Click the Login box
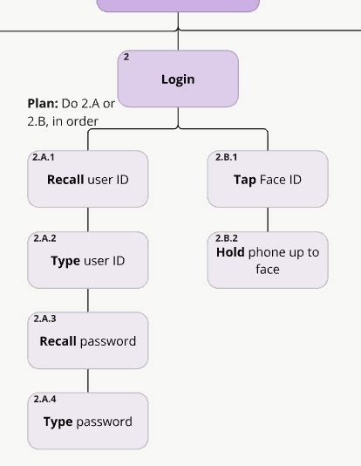click(x=178, y=79)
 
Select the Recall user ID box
click(x=88, y=179)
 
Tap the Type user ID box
click(x=88, y=260)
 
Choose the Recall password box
click(x=88, y=340)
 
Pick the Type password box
click(x=88, y=421)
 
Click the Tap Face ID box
click(x=268, y=179)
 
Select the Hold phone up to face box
click(x=268, y=260)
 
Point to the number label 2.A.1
click(x=44, y=158)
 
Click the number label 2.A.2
click(x=44, y=238)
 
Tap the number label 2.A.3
click(x=44, y=319)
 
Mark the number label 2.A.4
click(x=44, y=399)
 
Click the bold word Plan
click(x=43, y=104)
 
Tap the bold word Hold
click(x=230, y=252)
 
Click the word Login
click(x=178, y=79)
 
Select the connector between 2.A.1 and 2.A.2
click(x=88, y=219)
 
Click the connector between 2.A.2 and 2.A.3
click(x=88, y=300)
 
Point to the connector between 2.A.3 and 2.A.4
click(x=88, y=380)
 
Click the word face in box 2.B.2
click(x=268, y=270)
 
